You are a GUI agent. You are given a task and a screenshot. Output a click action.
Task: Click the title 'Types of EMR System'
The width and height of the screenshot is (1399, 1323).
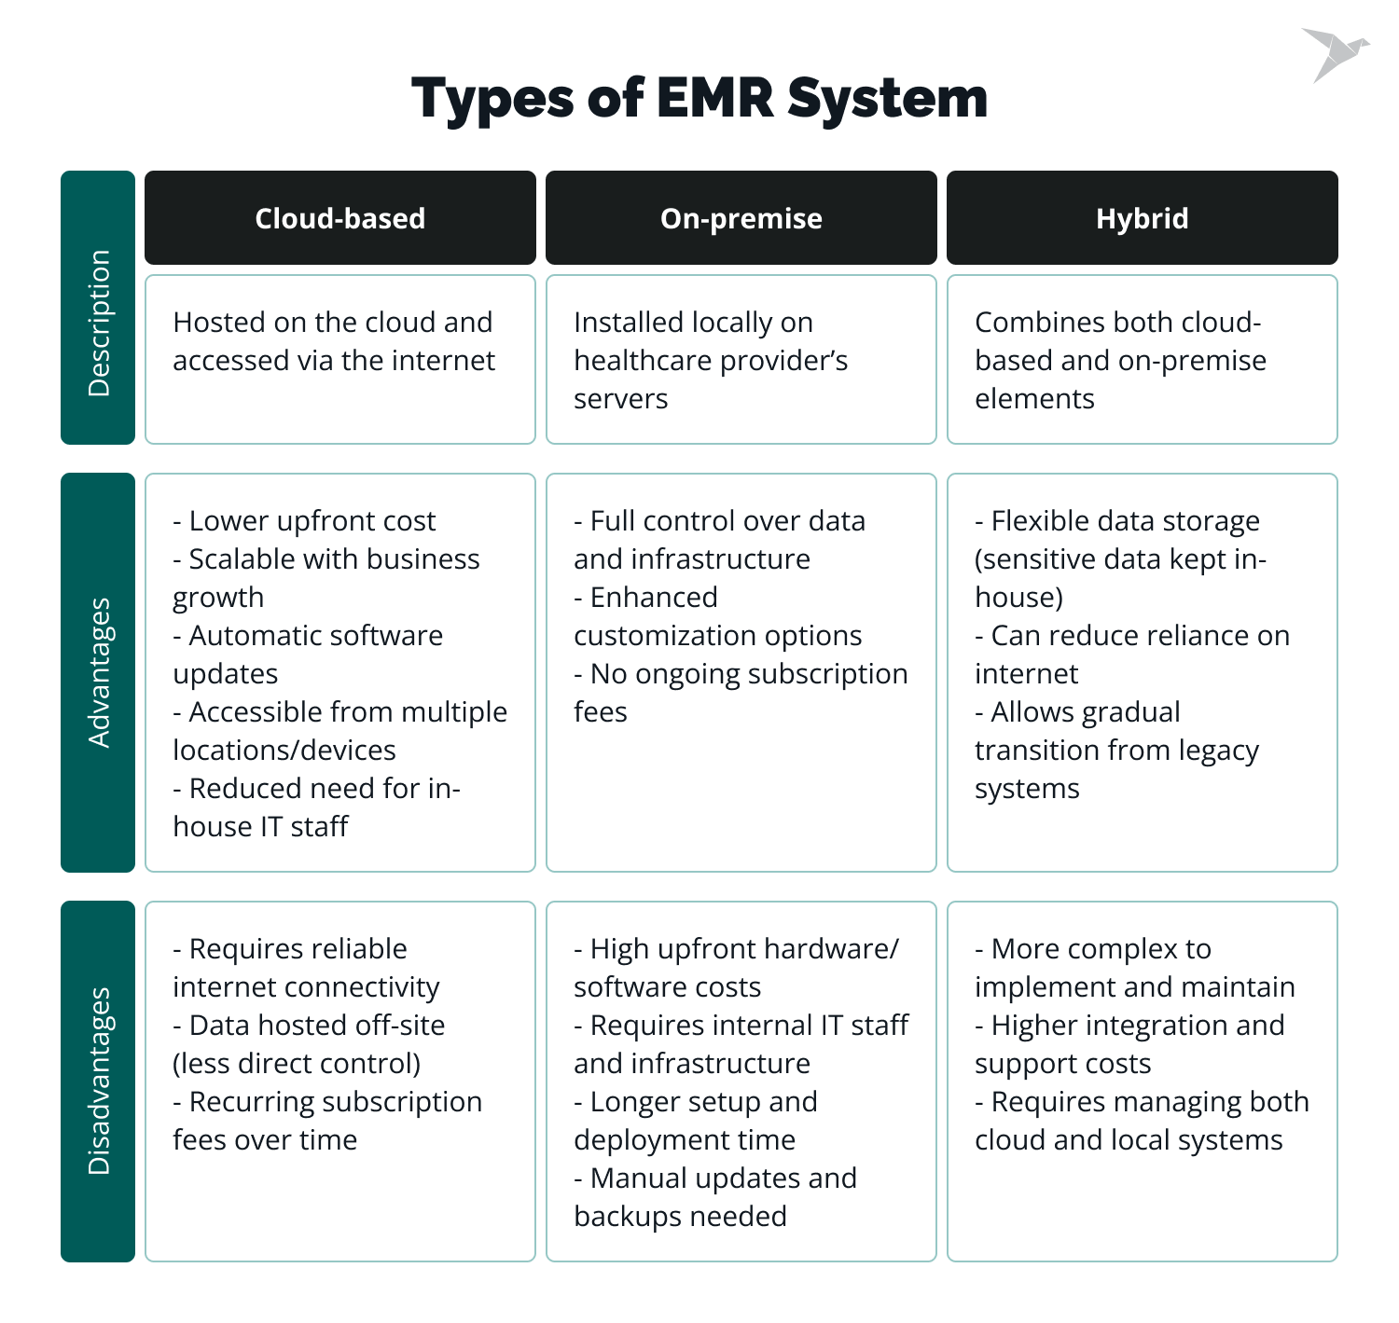699,98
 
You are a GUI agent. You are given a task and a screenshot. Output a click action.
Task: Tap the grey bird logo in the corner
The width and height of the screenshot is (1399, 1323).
1334,54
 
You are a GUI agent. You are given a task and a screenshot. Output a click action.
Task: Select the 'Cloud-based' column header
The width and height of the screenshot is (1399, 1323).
339,218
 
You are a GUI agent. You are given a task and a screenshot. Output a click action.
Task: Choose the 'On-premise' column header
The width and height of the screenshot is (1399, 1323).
741,218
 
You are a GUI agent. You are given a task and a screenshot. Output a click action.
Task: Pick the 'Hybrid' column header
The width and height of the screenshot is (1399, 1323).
1142,218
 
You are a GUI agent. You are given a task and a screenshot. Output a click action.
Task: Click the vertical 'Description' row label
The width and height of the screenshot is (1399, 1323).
98,323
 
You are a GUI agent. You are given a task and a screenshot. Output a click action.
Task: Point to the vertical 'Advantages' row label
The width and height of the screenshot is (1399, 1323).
98,672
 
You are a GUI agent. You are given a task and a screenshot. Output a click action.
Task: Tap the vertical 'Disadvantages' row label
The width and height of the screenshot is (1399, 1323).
98,1081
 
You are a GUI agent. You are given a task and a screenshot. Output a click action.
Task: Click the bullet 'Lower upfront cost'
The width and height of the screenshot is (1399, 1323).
304,520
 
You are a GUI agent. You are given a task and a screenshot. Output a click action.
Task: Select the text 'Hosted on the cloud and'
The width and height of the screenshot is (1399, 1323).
332,322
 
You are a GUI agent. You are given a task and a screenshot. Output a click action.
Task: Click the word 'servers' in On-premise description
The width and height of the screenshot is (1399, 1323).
620,398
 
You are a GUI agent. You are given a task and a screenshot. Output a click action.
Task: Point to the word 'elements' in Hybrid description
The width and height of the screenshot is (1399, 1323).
1034,398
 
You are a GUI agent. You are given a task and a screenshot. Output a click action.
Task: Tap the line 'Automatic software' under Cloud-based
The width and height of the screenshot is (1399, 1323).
308,635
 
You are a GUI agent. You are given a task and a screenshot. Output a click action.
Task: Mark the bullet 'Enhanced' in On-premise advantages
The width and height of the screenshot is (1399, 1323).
645,597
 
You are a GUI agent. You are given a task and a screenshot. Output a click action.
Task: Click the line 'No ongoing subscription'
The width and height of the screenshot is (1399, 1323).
741,673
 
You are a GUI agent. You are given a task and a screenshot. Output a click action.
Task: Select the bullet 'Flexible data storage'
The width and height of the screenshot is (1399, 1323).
1117,520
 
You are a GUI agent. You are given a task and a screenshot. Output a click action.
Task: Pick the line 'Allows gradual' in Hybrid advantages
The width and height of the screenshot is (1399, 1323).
1077,711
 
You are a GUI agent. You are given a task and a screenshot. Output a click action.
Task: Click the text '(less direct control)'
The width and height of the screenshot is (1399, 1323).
297,1063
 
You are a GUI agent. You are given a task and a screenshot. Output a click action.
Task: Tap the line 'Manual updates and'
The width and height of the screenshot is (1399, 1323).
715,1178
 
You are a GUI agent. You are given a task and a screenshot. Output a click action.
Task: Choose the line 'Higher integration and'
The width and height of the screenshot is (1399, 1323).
1129,1025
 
